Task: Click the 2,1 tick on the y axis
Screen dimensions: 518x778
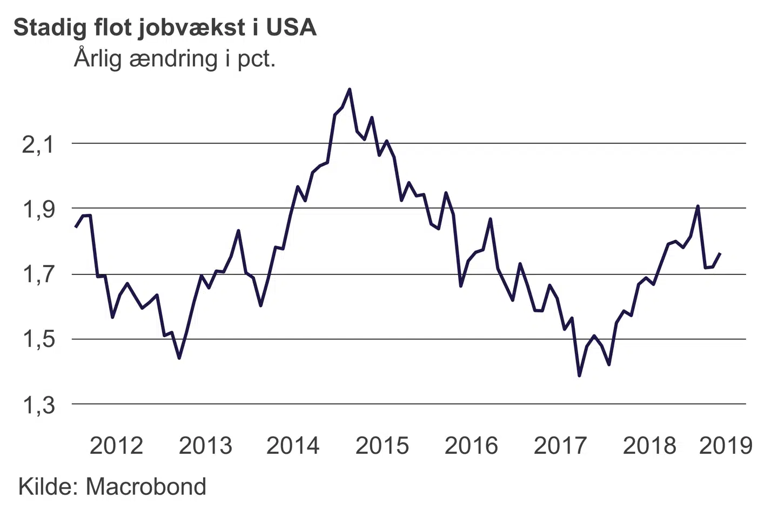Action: (x=38, y=145)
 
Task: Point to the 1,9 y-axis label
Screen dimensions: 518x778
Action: (x=38, y=209)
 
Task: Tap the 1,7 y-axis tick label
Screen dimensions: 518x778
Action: (x=38, y=275)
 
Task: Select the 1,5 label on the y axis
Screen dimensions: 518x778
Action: (x=38, y=340)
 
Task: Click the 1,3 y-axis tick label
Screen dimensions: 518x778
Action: (x=38, y=405)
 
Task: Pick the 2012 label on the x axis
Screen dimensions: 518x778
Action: (x=116, y=446)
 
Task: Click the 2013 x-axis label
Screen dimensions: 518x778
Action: (x=205, y=446)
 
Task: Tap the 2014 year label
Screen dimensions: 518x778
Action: (x=293, y=446)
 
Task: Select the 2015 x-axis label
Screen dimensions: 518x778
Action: (x=383, y=446)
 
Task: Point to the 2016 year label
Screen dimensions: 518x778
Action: (x=471, y=446)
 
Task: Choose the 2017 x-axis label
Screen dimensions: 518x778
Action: (x=560, y=446)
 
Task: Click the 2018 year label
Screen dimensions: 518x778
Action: (x=649, y=446)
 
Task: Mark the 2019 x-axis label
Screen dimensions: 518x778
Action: (x=726, y=446)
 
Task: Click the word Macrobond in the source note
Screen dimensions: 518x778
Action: (x=146, y=487)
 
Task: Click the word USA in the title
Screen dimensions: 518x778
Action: (x=291, y=28)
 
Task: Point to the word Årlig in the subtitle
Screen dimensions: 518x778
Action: (x=98, y=59)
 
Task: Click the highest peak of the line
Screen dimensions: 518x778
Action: (x=350, y=89)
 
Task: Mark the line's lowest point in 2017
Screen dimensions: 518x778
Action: (x=580, y=376)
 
